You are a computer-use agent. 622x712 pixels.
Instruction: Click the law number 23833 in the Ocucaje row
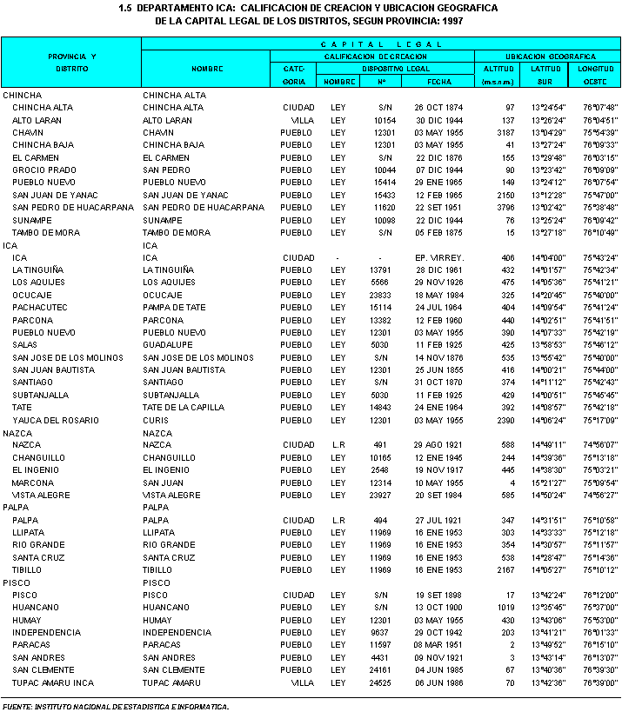point(380,296)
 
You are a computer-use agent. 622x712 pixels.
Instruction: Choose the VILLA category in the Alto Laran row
point(301,120)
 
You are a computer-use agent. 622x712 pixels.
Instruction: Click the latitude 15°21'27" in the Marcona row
point(548,482)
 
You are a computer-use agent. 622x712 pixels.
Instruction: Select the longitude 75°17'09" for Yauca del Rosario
point(600,421)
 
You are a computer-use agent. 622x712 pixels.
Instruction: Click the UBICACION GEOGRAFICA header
point(547,56)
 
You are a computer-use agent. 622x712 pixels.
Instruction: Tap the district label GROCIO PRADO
point(40,170)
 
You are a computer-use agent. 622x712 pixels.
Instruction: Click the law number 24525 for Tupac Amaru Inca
point(380,683)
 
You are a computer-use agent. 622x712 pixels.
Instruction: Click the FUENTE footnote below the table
point(116,706)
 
